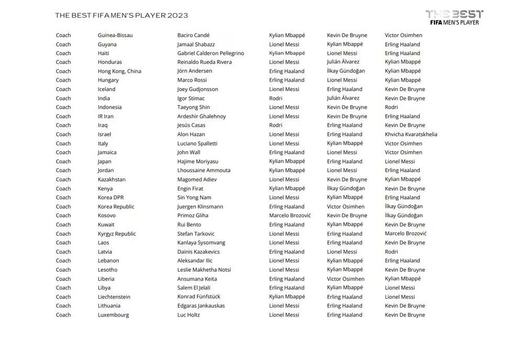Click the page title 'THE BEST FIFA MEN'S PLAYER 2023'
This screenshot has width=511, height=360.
click(121, 16)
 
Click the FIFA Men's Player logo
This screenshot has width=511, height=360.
click(454, 18)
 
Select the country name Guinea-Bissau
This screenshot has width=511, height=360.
click(115, 36)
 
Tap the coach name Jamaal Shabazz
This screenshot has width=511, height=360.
click(196, 44)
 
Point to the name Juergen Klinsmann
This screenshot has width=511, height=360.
click(200, 207)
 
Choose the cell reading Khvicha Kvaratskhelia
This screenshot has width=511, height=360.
click(411, 134)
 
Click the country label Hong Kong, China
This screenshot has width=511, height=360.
click(119, 71)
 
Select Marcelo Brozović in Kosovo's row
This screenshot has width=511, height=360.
click(290, 216)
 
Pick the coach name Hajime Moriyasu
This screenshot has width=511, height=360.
click(198, 162)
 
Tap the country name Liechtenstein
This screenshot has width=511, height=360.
click(114, 297)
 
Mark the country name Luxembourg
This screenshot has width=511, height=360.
click(113, 315)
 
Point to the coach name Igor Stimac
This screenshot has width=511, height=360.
click(191, 98)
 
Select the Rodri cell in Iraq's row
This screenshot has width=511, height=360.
click(275, 126)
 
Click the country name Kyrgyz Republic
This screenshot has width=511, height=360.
click(117, 234)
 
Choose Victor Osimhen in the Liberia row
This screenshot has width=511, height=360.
click(346, 279)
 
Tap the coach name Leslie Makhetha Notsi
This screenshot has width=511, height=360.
click(204, 270)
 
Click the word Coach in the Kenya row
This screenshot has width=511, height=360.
click(63, 188)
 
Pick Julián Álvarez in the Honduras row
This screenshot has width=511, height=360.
click(343, 62)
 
